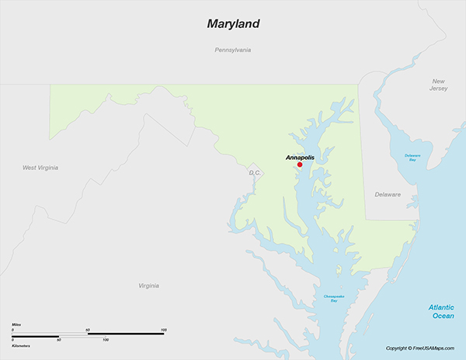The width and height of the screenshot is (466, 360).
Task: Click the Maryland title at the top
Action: (233, 23)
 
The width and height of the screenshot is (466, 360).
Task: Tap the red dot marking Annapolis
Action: (300, 164)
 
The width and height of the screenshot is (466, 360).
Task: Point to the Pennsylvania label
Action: (233, 50)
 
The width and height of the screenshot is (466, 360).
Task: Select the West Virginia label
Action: (40, 168)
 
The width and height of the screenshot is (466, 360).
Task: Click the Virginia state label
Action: (149, 286)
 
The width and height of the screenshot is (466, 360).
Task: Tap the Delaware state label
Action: (388, 194)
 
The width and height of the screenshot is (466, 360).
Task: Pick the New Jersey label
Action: (439, 85)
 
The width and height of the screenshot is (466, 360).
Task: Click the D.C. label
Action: (255, 172)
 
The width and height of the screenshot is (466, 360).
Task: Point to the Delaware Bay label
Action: (412, 157)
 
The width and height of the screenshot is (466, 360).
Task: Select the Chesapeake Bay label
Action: (330, 298)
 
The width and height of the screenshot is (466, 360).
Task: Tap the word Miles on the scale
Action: (16, 324)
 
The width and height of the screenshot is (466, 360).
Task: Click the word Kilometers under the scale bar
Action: (21, 345)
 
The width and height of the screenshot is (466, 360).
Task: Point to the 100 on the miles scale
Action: (163, 331)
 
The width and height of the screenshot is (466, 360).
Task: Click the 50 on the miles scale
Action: (88, 331)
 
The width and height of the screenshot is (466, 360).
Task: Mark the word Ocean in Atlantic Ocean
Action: (443, 317)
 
